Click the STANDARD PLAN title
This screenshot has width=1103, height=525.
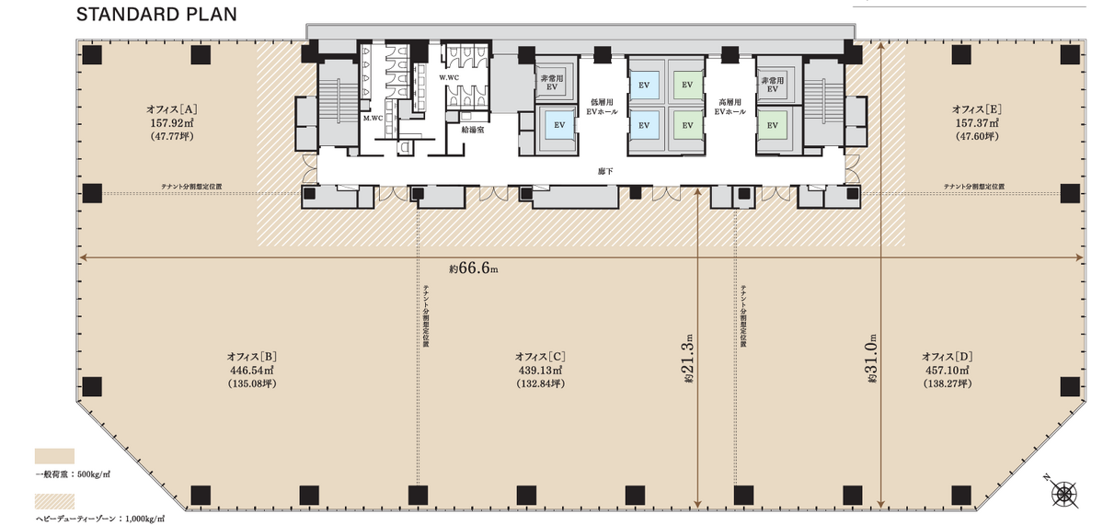coord(156,14)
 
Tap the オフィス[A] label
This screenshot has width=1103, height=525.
coord(172,108)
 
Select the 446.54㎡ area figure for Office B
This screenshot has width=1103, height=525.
coord(251,371)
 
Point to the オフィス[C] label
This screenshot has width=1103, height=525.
coord(540,357)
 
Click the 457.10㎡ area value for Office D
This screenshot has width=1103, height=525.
coord(947,371)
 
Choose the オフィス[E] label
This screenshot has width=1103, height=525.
coord(977,108)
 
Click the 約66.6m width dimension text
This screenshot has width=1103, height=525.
coord(474,268)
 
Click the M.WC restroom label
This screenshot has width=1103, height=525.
coord(373,118)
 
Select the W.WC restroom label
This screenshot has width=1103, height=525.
coord(450,77)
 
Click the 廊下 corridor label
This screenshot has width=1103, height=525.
coord(602,170)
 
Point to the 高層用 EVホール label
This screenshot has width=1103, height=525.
coord(730,106)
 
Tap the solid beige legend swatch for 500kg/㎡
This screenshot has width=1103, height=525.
coord(55,456)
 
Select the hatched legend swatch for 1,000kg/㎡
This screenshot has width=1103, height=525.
coord(55,501)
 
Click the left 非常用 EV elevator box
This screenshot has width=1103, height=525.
coord(552,83)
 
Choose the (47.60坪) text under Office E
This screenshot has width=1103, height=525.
coord(977,136)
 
